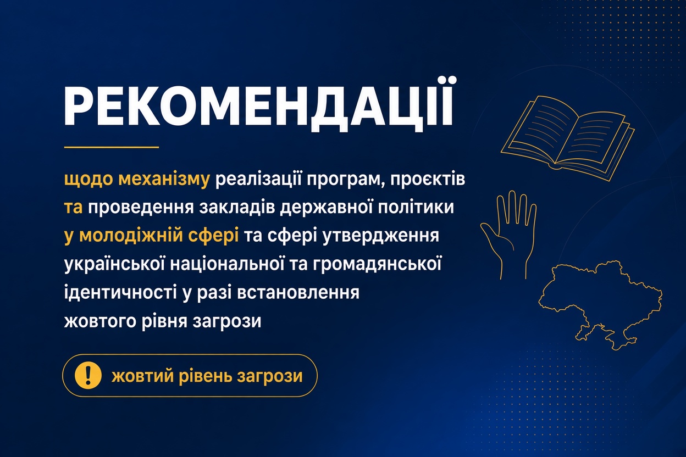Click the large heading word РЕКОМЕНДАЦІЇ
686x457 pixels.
click(258, 105)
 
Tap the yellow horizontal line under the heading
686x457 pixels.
click(112, 147)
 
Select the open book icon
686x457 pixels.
click(567, 138)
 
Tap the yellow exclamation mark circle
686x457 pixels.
click(88, 375)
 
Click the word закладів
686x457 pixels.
click(237, 207)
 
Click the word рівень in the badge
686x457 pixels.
click(206, 376)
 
